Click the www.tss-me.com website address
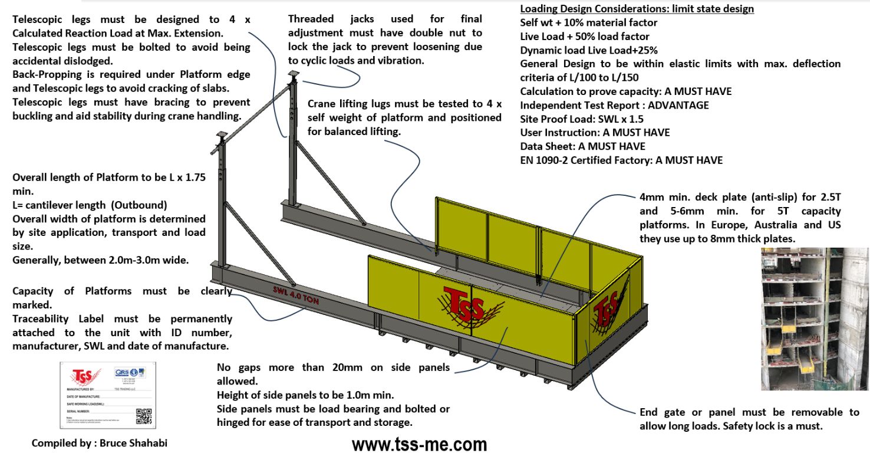[420, 444]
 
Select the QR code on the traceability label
[142, 415]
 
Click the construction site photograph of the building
[814, 319]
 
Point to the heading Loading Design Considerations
[637, 9]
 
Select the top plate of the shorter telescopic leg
[221, 134]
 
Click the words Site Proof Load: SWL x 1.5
[582, 119]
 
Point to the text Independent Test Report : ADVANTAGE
[614, 105]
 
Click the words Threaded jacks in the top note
[333, 19]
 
